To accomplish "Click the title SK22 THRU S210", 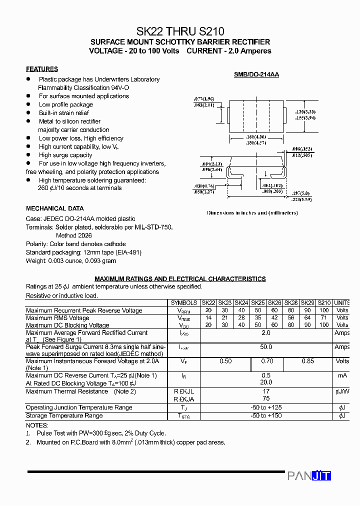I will pos(180,30).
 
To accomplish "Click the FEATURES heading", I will pos(42,69).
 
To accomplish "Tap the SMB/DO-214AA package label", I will pos(256,74).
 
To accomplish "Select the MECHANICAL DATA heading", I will pos(55,208).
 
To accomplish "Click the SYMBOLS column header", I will pos(184,303).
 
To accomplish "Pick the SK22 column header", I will pos(208,303).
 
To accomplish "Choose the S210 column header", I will pos(324,303).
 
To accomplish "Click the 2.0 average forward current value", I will pos(266,332).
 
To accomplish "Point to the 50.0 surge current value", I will pos(266,347).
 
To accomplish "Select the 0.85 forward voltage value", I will pos(307,361).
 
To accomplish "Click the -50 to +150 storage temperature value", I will pos(266,415).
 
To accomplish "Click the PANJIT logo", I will pos(309,476).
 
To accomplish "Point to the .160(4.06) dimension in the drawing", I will pos(256,136).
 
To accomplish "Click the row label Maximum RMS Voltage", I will pos(57,318).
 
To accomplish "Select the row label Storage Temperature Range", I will pos(64,415).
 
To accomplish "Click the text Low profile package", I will pos(65,104).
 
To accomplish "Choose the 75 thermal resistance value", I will pos(266,399).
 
